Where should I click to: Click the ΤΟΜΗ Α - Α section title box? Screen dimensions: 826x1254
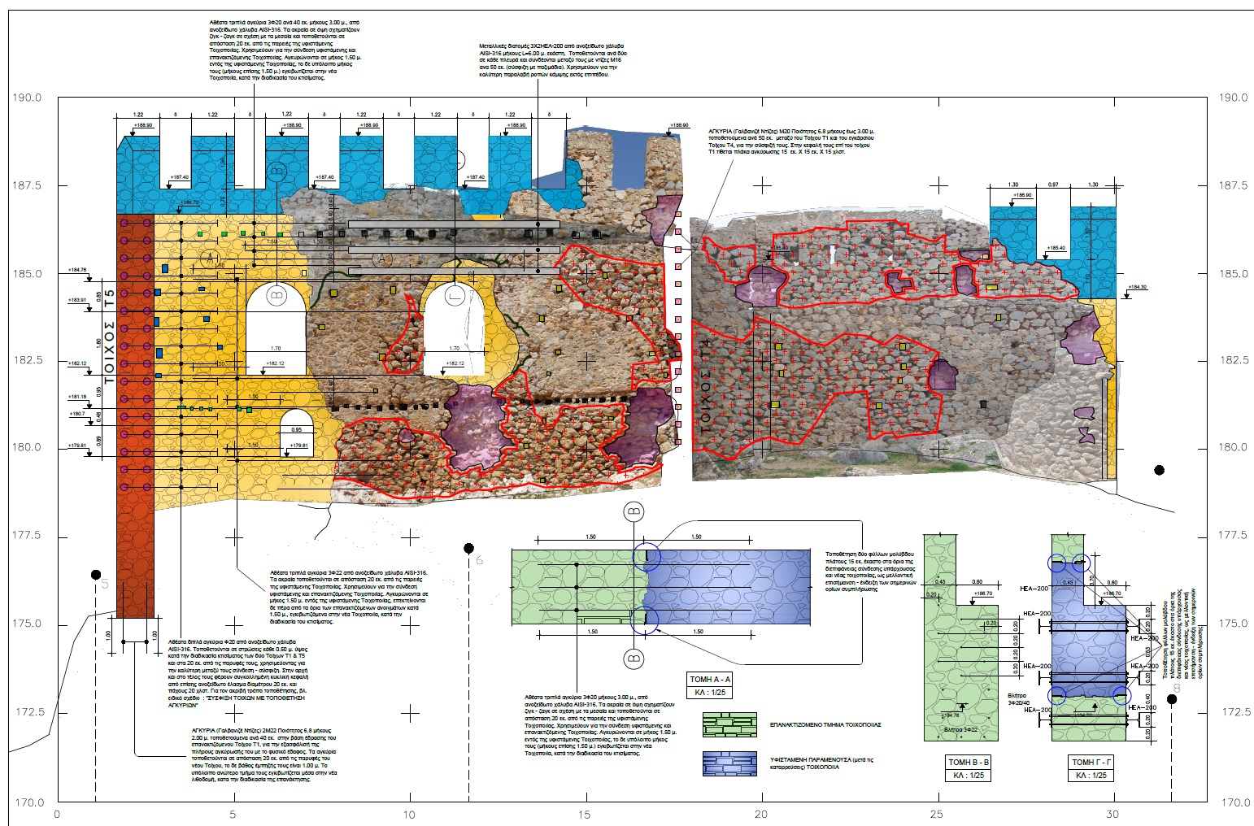point(710,679)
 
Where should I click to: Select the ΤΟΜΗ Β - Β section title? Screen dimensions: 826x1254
point(969,762)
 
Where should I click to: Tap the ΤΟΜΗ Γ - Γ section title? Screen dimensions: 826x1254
point(1091,762)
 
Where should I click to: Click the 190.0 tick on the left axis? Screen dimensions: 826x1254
point(27,98)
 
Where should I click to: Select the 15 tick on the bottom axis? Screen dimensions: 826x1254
point(586,814)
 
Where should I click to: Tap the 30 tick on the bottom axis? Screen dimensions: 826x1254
point(1113,814)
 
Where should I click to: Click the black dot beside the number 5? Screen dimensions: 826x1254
point(96,574)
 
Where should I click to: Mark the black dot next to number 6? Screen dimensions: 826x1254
point(468,548)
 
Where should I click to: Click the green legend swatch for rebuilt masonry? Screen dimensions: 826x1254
point(729,724)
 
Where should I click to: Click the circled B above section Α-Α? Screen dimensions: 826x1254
point(634,512)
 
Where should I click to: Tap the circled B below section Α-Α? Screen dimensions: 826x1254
point(634,657)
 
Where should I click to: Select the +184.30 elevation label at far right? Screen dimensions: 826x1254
point(1136,287)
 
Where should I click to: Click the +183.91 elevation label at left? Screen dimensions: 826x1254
point(77,300)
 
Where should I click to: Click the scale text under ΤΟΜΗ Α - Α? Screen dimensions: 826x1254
point(710,692)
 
